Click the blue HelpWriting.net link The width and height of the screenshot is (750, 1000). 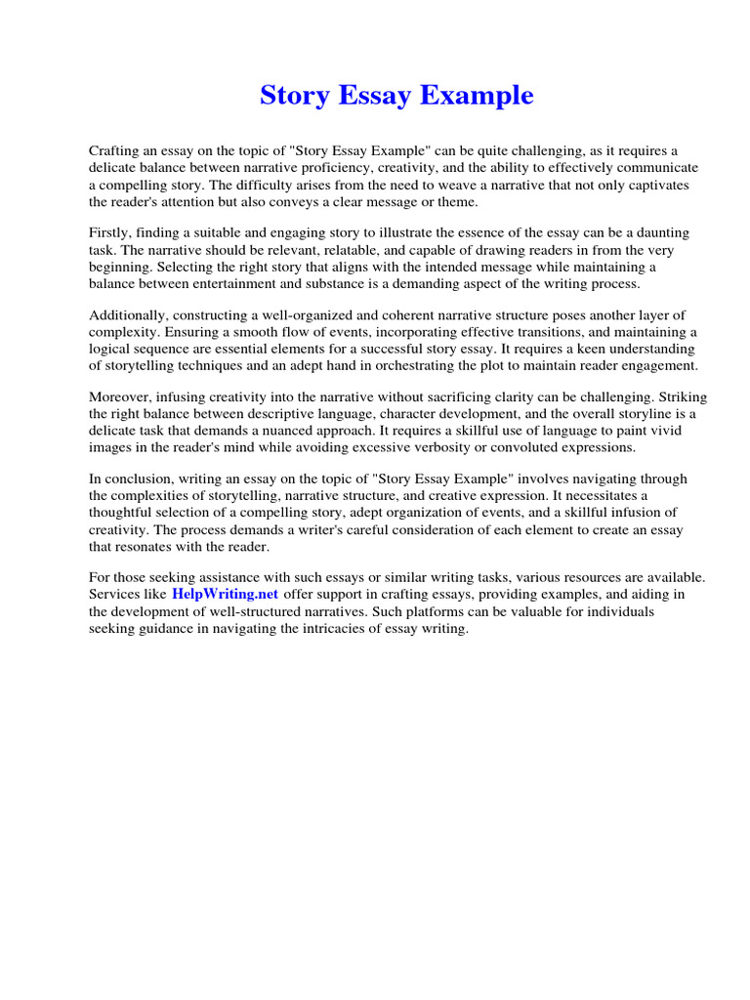click(x=226, y=594)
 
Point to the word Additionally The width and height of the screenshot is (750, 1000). click(x=128, y=314)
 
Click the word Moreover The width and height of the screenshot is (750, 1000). click(x=121, y=397)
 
